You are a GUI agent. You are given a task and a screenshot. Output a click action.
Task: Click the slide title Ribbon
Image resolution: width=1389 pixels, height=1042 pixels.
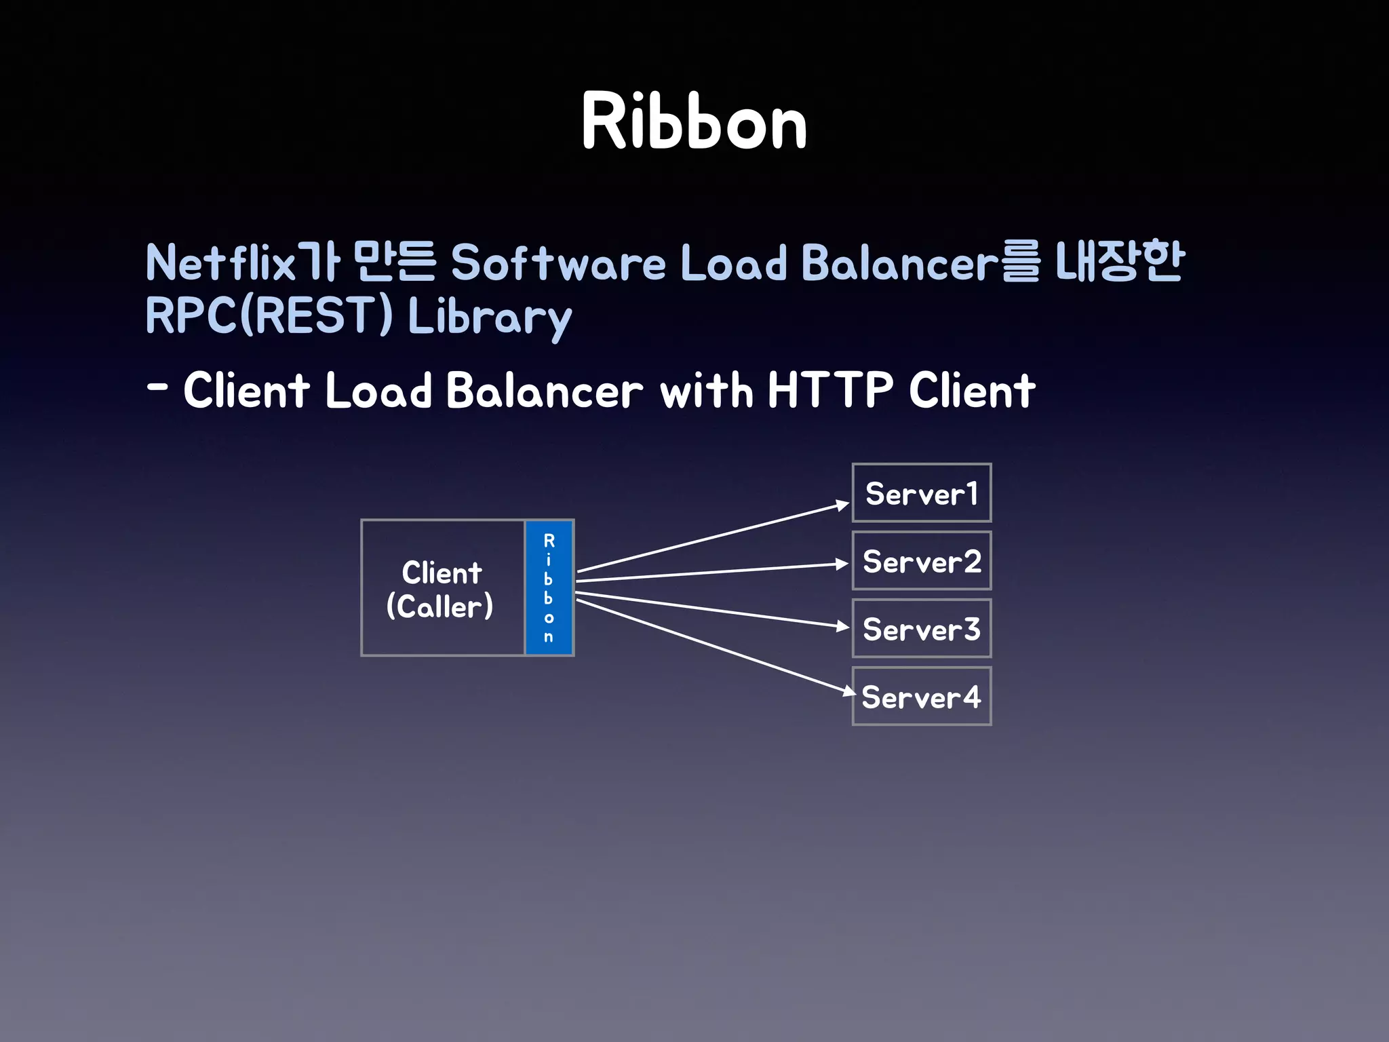pyautogui.click(x=694, y=122)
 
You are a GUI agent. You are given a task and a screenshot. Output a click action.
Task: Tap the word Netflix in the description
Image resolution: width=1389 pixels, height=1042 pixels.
pyautogui.click(x=220, y=263)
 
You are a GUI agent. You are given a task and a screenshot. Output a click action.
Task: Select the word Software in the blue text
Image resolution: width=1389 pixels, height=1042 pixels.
pyautogui.click(x=557, y=263)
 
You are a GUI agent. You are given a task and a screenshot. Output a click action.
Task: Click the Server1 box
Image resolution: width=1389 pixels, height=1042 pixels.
pyautogui.click(x=921, y=493)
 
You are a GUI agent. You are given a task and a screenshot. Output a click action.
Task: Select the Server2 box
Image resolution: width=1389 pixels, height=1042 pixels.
pyautogui.click(x=921, y=561)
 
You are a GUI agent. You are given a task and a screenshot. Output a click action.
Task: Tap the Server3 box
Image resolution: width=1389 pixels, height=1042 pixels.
pyautogui.click(x=921, y=629)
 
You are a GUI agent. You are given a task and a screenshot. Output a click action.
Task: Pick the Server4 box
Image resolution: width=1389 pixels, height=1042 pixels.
pyautogui.click(x=921, y=697)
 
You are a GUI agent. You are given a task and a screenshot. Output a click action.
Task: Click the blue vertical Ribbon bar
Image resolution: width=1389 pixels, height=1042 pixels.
pyautogui.click(x=549, y=587)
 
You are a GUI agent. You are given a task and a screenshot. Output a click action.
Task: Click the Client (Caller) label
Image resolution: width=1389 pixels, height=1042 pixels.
pyautogui.click(x=441, y=589)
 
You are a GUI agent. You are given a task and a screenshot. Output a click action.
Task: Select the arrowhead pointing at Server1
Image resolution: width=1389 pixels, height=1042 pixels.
pyautogui.click(x=842, y=505)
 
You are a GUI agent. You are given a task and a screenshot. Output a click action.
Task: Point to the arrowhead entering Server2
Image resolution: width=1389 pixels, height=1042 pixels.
pyautogui.click(x=842, y=564)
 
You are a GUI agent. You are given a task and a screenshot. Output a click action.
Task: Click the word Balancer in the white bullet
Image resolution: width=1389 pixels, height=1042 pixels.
pyautogui.click(x=544, y=390)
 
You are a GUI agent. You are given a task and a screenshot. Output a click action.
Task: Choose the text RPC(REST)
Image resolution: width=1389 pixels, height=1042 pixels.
pyautogui.click(x=269, y=315)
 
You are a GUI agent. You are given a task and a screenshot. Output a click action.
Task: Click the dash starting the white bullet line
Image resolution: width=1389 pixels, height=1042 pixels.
pyautogui.click(x=157, y=388)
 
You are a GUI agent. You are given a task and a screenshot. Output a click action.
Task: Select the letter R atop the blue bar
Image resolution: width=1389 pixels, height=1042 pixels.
pyautogui.click(x=549, y=541)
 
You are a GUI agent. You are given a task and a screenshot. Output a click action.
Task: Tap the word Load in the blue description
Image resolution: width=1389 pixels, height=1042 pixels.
pyautogui.click(x=733, y=263)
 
